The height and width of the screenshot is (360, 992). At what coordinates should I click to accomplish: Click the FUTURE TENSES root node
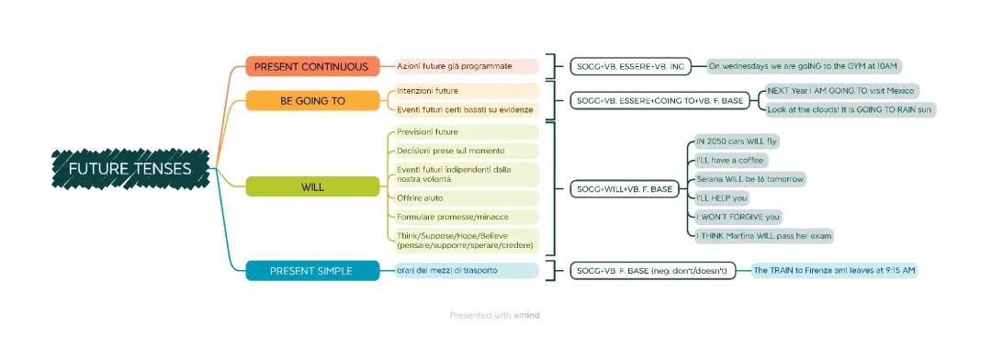click(130, 169)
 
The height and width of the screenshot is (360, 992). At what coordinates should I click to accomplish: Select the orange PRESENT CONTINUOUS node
click(312, 66)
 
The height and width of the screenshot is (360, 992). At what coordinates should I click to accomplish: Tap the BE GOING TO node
click(312, 100)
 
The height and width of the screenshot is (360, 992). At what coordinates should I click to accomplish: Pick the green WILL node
click(312, 187)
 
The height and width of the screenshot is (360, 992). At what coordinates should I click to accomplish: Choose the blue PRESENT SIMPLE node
click(312, 270)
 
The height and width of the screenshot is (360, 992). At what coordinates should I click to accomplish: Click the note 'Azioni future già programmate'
click(467, 66)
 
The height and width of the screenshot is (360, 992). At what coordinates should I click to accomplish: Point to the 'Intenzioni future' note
click(465, 91)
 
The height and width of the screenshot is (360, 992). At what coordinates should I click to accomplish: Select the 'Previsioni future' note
click(465, 131)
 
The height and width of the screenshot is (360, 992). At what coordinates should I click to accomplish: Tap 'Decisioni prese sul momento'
click(465, 150)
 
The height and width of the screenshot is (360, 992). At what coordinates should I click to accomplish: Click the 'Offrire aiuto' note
click(465, 198)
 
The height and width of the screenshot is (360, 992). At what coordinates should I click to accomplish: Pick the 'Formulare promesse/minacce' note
click(465, 217)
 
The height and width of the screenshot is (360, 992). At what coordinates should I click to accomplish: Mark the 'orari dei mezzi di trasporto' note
click(465, 270)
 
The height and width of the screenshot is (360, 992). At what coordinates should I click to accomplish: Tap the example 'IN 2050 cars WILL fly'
click(737, 141)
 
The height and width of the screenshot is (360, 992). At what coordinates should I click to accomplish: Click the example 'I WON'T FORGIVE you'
click(738, 217)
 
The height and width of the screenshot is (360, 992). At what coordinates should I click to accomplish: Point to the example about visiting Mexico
click(841, 92)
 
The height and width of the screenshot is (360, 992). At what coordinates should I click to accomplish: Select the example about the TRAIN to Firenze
click(834, 270)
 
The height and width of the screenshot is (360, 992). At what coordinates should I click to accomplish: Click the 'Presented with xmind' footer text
click(495, 315)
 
